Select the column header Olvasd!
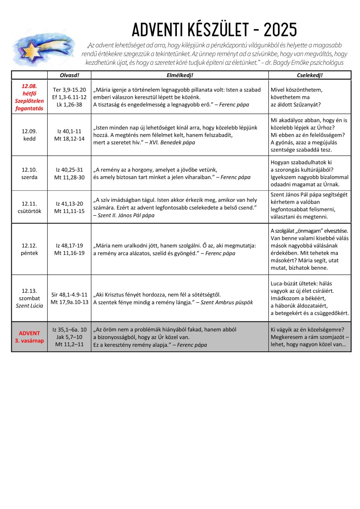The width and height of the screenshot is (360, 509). point(69,75)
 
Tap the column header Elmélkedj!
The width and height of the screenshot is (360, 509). point(180,75)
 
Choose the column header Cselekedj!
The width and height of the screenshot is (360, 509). point(310,75)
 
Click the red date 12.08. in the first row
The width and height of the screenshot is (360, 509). point(29,85)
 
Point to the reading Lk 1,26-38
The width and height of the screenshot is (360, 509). point(69,104)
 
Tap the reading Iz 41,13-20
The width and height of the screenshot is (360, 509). point(69,204)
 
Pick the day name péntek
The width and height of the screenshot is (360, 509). point(29,253)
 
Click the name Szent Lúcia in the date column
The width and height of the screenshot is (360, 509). point(29,305)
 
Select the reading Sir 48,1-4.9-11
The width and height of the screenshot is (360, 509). point(69,294)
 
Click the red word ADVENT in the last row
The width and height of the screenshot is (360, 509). point(29,333)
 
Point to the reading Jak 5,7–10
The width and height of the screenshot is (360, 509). point(69,337)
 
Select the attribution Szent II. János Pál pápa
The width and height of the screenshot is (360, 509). point(126,215)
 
